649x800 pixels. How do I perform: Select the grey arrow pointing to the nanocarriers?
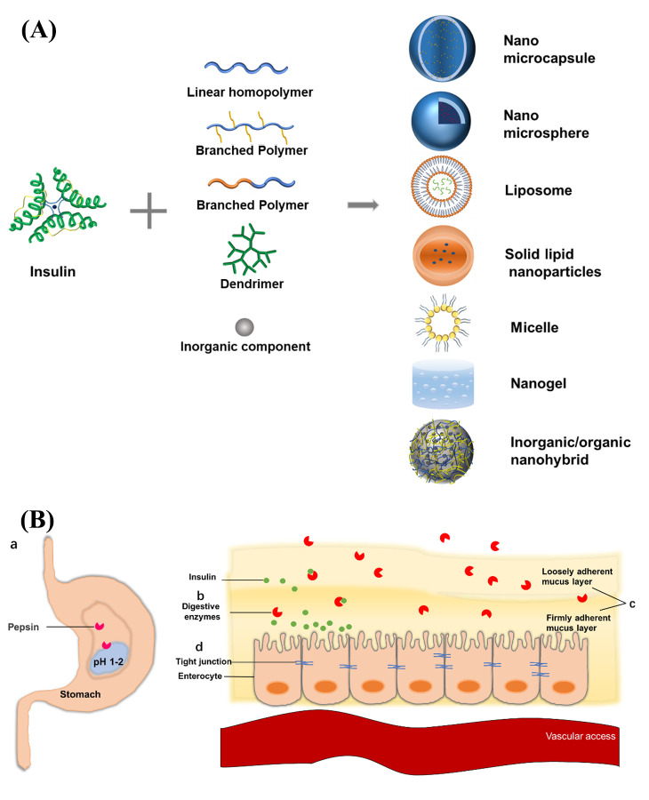pyautogui.click(x=360, y=206)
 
